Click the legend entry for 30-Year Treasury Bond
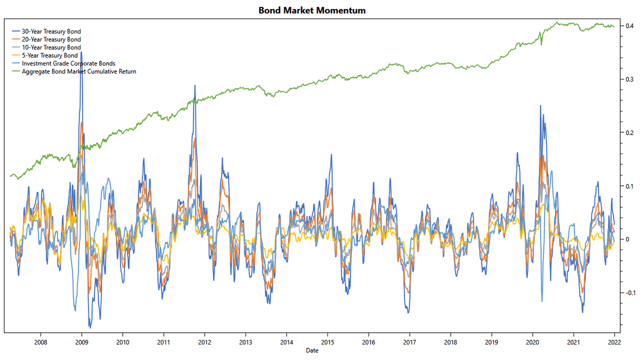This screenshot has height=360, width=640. pos(51,31)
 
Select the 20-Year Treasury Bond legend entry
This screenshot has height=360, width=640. pos(51,39)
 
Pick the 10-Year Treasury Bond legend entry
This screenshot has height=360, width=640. pos(51,47)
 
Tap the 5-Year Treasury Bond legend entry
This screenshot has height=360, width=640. pos(50,55)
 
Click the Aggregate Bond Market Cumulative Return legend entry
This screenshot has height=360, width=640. pos(79,71)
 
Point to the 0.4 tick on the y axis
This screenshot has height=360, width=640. pos(630,26)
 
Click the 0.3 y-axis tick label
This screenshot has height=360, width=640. pos(630,79)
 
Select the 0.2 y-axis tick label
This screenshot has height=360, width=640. pos(630,133)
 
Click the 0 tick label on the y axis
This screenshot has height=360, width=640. pos(628,239)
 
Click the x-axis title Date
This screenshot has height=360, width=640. pos(312,350)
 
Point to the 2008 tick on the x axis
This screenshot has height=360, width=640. pos(41,342)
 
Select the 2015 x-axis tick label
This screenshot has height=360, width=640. pos(327,342)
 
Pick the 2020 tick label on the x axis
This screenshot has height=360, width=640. pos(532,342)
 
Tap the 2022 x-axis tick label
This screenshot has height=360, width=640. pos(614,342)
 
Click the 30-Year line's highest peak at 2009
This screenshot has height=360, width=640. pos(81,52)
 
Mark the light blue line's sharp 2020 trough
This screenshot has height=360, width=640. pos(542,301)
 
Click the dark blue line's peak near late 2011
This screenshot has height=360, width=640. pos(195,85)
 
